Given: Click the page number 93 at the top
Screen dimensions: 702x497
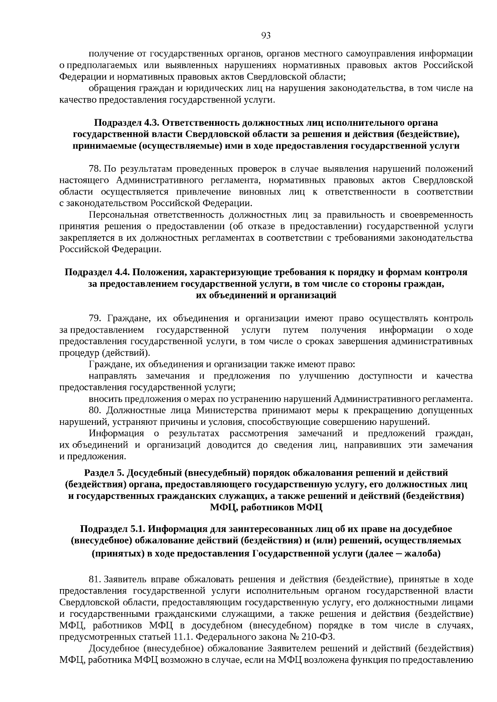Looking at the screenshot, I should (266, 36).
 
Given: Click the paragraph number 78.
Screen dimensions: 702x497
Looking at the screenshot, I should (95, 169).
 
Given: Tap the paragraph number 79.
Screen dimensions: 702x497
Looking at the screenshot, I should (95, 318).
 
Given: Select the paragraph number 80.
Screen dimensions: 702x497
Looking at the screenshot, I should (95, 410).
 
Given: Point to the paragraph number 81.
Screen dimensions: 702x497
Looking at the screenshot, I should (95, 580).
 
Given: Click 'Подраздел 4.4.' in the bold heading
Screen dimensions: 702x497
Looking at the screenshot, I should (97, 272).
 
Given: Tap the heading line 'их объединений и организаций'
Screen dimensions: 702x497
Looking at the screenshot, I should (265, 295).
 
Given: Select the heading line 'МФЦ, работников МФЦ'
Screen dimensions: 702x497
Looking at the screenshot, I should (265, 507).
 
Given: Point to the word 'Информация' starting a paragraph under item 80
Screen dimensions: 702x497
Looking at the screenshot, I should (116, 434).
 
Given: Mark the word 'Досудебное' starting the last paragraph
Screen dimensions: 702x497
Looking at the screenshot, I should (113, 648).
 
